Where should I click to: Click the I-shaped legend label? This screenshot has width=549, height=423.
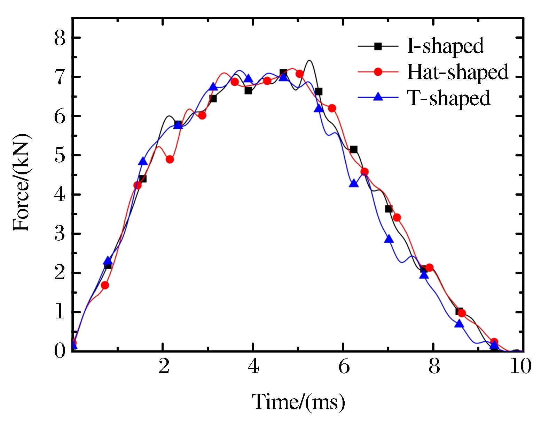tap(445, 46)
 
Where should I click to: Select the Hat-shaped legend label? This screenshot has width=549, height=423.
tap(457, 72)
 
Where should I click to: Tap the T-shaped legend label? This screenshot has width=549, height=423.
tap(449, 98)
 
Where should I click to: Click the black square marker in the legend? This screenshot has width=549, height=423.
tap(378, 46)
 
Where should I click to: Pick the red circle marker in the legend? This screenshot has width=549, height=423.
tap(378, 72)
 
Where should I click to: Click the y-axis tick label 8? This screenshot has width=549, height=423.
tap(60, 38)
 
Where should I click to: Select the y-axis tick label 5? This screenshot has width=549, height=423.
tap(60, 156)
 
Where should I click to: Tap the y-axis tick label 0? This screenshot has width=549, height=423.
tap(60, 350)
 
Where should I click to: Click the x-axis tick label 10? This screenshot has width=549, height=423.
tap(520, 367)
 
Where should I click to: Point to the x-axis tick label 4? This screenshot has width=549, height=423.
tap(253, 367)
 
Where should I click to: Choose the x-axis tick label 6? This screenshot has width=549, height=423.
tap(344, 367)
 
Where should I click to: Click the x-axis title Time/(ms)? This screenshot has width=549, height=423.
tap(298, 402)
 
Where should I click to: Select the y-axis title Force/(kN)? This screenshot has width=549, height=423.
tap(22, 182)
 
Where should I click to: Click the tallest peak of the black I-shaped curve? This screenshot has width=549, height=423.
tap(309, 61)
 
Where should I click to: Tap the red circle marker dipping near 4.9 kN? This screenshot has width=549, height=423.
tap(170, 159)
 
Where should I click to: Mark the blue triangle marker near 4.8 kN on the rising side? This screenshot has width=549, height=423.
tap(143, 161)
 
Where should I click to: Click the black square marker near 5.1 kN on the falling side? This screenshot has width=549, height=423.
tap(354, 150)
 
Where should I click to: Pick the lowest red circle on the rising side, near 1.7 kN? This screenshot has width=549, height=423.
tap(105, 285)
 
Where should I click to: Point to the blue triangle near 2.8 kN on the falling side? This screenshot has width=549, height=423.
tap(389, 239)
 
